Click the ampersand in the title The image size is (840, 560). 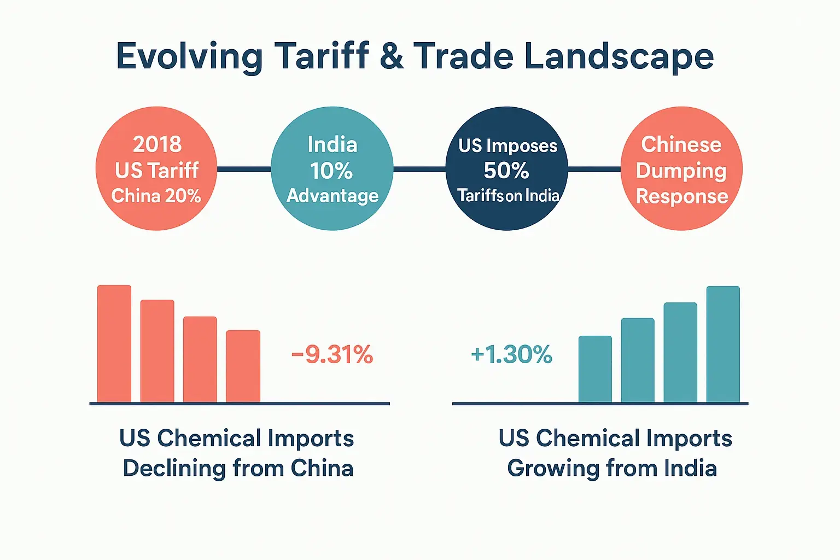(x=392, y=56)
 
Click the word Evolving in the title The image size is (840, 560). (x=189, y=57)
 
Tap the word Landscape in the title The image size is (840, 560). (x=619, y=57)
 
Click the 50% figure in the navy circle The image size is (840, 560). (x=506, y=171)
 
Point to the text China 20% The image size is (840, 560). (x=156, y=196)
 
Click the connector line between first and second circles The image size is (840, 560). (x=244, y=169)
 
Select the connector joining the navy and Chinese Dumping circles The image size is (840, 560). (x=594, y=169)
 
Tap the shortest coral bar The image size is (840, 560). (x=243, y=366)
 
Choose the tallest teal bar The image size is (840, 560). (x=723, y=345)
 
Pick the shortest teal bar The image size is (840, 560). (x=595, y=369)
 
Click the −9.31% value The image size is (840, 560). (x=332, y=355)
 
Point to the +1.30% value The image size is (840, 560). (x=511, y=355)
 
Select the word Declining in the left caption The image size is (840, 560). (x=174, y=469)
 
